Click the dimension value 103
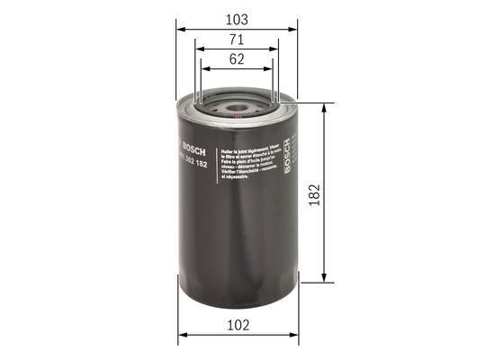tap(237, 18)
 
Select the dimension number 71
tap(237, 40)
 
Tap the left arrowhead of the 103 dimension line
tap(180, 29)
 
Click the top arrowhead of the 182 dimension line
tap(323, 107)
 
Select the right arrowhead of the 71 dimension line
tap(275, 50)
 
